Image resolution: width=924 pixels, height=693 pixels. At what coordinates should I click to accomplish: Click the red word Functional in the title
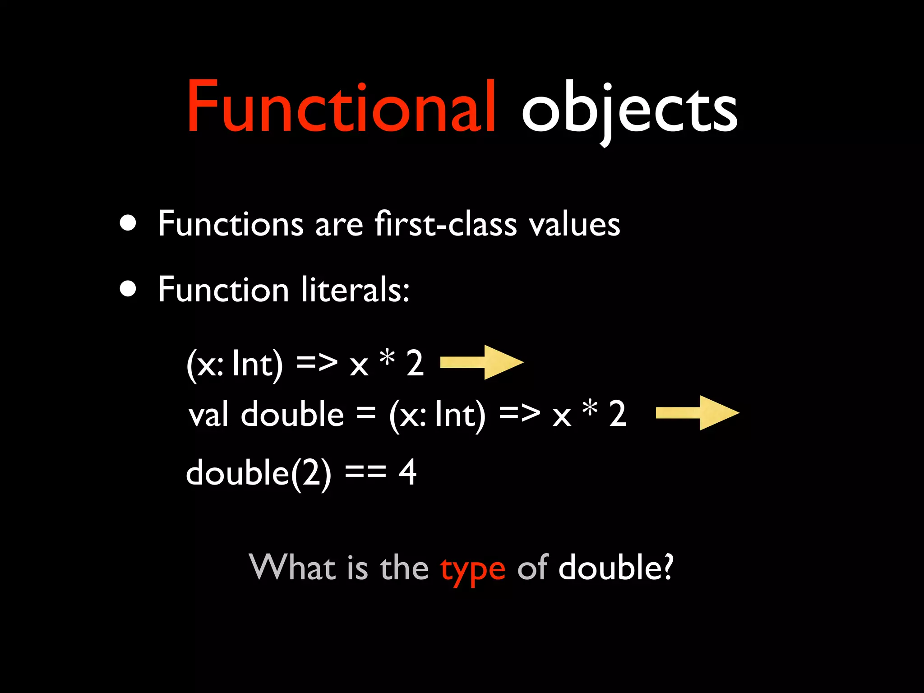pyautogui.click(x=342, y=107)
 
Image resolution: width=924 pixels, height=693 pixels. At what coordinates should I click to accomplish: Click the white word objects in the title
pyautogui.click(x=629, y=111)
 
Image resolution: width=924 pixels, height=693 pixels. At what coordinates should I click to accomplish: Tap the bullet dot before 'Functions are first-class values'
pyautogui.click(x=128, y=222)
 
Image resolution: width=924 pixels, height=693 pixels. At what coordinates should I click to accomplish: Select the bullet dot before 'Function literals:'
pyautogui.click(x=128, y=289)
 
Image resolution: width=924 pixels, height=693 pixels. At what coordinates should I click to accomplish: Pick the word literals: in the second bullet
pyautogui.click(x=356, y=290)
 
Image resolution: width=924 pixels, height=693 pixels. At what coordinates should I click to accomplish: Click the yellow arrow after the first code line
pyautogui.click(x=481, y=362)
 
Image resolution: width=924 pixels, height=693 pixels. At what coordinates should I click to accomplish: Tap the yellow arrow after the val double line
pyautogui.click(x=697, y=413)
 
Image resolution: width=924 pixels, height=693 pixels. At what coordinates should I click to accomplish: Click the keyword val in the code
pyautogui.click(x=208, y=415)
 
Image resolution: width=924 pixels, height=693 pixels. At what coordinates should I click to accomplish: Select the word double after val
pyautogui.click(x=292, y=414)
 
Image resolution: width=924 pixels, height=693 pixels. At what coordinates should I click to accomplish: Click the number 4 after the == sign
pyautogui.click(x=407, y=472)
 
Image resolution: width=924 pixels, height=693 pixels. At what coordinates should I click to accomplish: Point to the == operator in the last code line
pyautogui.click(x=365, y=472)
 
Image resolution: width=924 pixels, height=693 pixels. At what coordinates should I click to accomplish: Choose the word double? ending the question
pyautogui.click(x=616, y=567)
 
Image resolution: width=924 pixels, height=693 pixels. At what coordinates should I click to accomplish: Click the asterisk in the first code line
pyautogui.click(x=387, y=359)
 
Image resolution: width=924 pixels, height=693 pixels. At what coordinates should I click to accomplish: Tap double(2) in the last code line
pyautogui.click(x=259, y=473)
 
